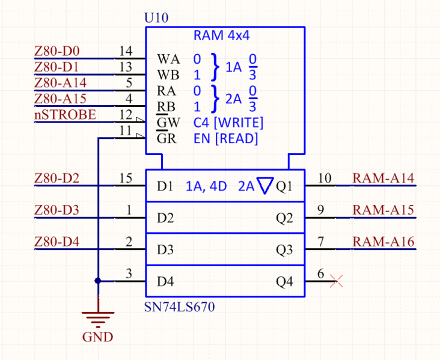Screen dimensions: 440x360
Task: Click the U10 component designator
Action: click(x=156, y=17)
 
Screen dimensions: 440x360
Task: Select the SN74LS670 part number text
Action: click(x=179, y=307)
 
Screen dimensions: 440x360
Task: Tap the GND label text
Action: click(x=97, y=337)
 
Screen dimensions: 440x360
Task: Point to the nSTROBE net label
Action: click(x=65, y=114)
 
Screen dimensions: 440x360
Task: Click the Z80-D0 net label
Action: click(x=57, y=51)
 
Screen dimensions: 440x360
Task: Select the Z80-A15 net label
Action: click(x=60, y=99)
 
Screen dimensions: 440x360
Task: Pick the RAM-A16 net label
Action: click(x=383, y=242)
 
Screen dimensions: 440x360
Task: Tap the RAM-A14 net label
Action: click(x=383, y=178)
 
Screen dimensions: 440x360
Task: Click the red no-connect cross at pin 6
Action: click(x=336, y=281)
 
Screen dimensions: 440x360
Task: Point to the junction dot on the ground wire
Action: click(x=97, y=281)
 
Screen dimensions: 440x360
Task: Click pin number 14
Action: click(x=126, y=51)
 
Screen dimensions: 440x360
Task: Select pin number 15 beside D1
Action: click(x=126, y=178)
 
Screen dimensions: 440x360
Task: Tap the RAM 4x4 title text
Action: click(x=221, y=35)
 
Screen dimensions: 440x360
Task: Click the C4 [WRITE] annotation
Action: click(x=228, y=123)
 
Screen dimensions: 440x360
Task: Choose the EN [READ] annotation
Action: click(x=225, y=139)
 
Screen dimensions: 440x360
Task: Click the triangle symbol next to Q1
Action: click(x=264, y=186)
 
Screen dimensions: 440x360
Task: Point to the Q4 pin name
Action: click(x=284, y=281)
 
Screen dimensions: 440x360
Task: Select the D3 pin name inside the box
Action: click(x=165, y=249)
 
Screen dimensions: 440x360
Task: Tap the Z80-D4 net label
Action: click(x=57, y=242)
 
